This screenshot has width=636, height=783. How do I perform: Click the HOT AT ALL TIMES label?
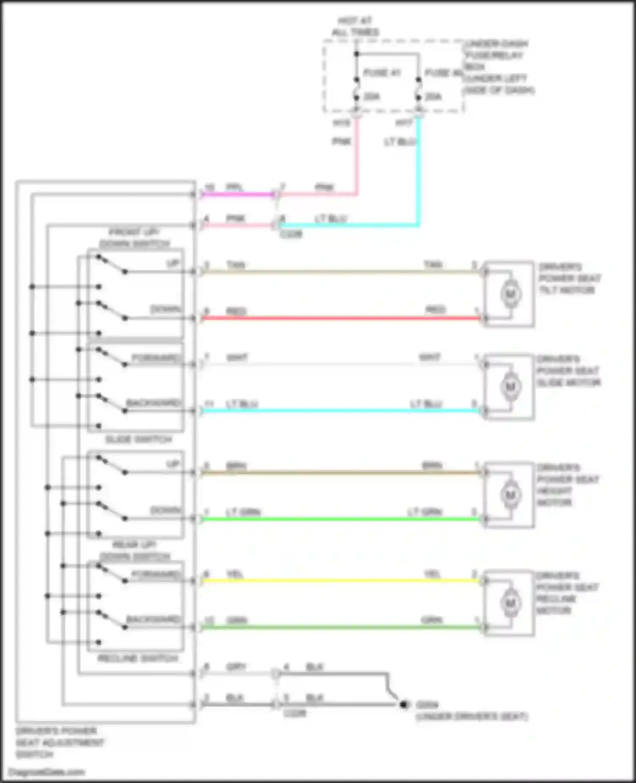(x=355, y=26)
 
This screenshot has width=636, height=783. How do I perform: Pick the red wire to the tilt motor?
(x=339, y=318)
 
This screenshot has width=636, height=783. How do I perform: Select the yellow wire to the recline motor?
(x=339, y=580)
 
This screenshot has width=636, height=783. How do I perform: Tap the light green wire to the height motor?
(x=339, y=519)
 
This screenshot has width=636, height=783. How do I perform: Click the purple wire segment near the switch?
(x=237, y=195)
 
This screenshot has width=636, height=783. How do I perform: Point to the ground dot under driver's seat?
(x=403, y=705)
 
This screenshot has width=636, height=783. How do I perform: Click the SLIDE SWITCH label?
(x=138, y=439)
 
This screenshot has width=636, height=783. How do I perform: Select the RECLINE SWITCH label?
(x=138, y=658)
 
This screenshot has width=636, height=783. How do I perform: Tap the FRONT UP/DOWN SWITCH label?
(x=134, y=238)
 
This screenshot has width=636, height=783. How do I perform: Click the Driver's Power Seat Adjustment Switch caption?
(x=59, y=742)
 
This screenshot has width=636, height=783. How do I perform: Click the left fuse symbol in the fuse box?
(x=357, y=89)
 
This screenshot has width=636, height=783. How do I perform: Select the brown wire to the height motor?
(x=339, y=473)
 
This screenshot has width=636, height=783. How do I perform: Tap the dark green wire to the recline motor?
(x=339, y=627)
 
